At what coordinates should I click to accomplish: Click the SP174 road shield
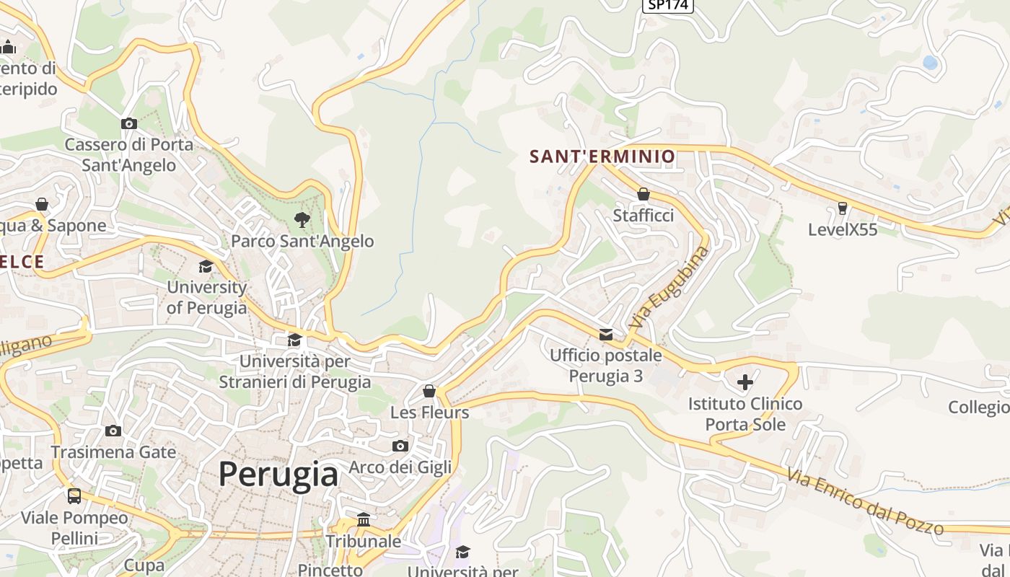pyautogui.click(x=667, y=5)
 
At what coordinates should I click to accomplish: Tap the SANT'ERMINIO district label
pyautogui.click(x=602, y=156)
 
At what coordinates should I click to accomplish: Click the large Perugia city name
pyautogui.click(x=278, y=474)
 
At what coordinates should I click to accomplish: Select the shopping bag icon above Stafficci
pyautogui.click(x=643, y=194)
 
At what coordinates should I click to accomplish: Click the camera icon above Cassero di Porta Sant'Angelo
pyautogui.click(x=129, y=123)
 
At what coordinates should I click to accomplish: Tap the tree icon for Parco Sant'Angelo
pyautogui.click(x=302, y=219)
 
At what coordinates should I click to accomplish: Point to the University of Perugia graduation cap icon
pyautogui.click(x=206, y=266)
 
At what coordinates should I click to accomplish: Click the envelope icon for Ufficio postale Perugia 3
pyautogui.click(x=606, y=334)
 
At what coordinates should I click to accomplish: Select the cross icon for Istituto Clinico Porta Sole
pyautogui.click(x=745, y=382)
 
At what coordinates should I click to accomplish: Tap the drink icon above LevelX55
pyautogui.click(x=842, y=208)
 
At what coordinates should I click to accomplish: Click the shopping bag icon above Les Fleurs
pyautogui.click(x=429, y=391)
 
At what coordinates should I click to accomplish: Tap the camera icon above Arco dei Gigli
pyautogui.click(x=400, y=446)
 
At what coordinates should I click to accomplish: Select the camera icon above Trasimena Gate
pyautogui.click(x=113, y=431)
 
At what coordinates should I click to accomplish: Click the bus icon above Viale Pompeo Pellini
pyautogui.click(x=74, y=495)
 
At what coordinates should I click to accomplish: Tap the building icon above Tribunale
pyautogui.click(x=364, y=520)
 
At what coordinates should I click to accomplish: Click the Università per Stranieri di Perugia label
pyautogui.click(x=295, y=371)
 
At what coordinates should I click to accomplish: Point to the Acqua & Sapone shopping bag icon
pyautogui.click(x=42, y=204)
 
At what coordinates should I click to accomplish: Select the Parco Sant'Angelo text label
pyautogui.click(x=302, y=241)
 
